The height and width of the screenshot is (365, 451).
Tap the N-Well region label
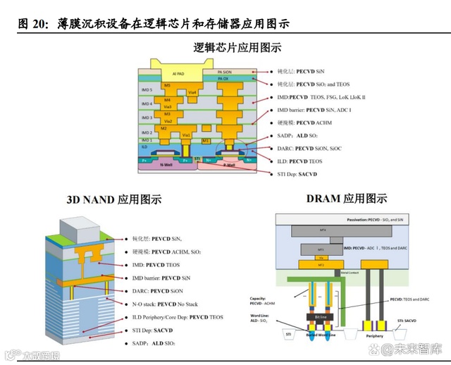(167, 166)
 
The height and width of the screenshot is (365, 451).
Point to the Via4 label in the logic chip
(192, 93)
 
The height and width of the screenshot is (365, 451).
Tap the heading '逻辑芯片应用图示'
(237, 48)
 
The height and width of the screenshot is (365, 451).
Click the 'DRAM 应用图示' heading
(347, 199)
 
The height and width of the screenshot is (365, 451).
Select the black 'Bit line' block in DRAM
(322, 318)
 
